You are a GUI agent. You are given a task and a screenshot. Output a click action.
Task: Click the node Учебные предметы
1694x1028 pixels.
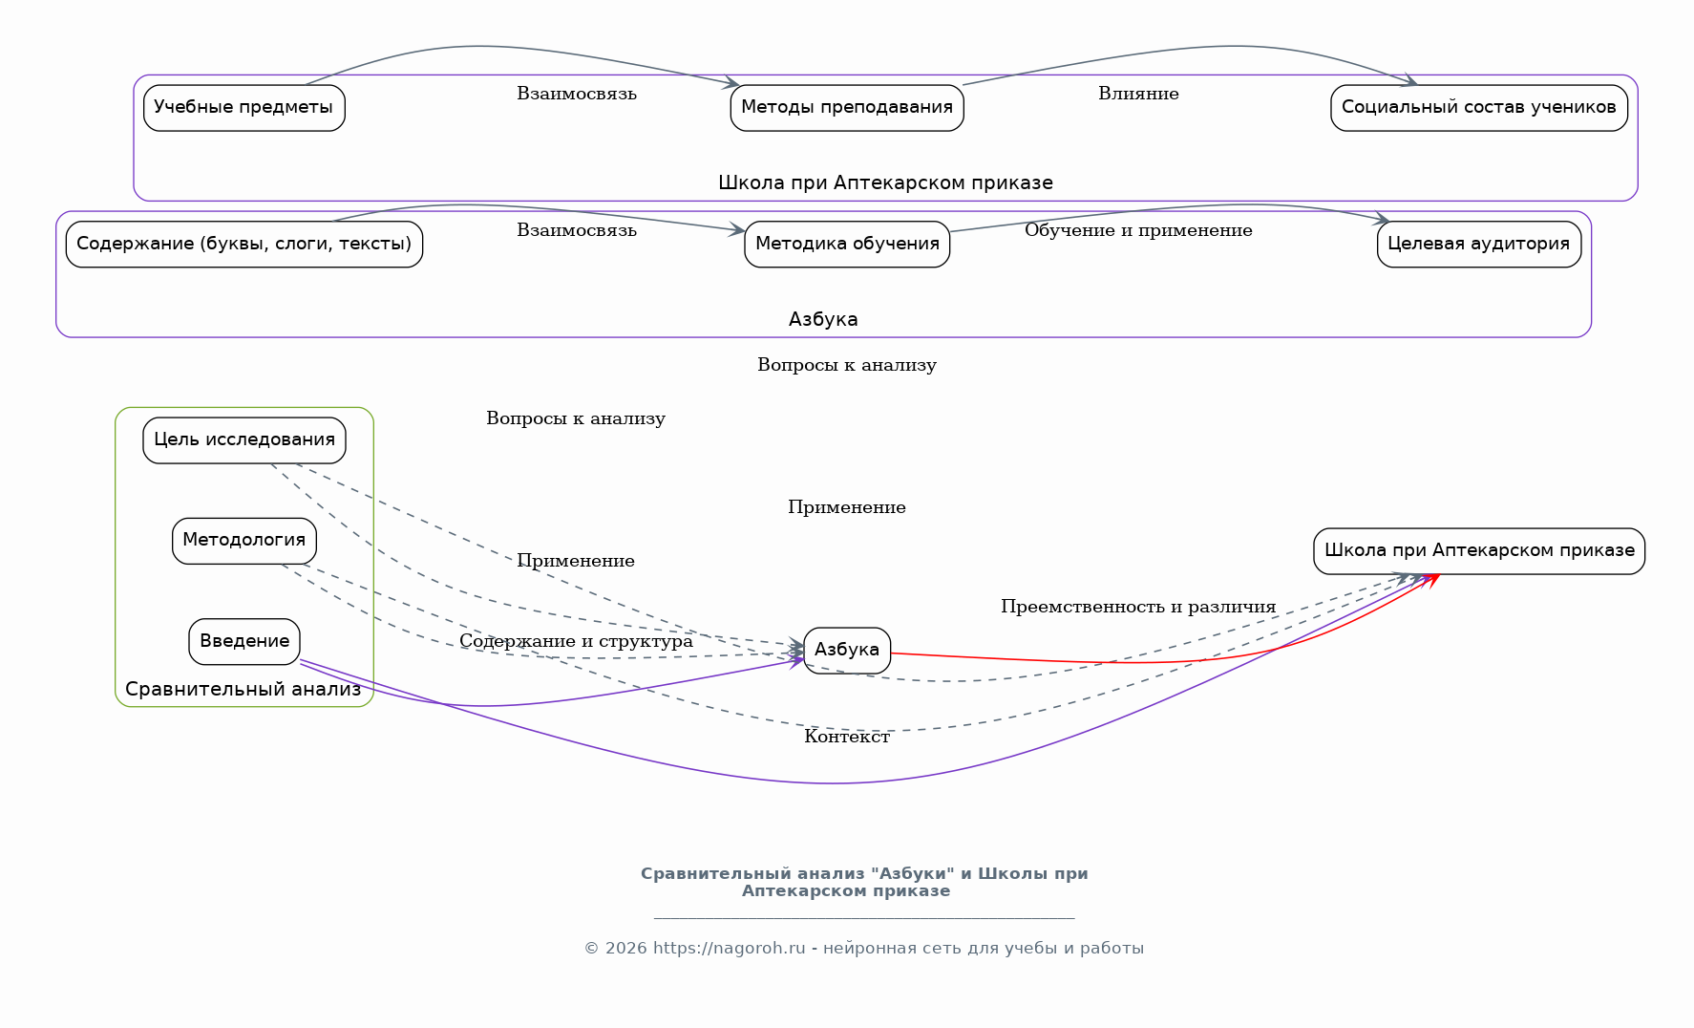[x=244, y=108]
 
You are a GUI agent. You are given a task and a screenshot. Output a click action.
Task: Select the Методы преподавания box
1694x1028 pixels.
[x=847, y=108]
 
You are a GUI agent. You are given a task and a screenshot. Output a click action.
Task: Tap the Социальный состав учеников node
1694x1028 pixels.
[x=1478, y=108]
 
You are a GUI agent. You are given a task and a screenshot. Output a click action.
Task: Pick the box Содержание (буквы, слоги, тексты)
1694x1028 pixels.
[x=244, y=245]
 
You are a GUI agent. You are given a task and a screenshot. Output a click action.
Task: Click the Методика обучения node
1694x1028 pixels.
[x=847, y=245]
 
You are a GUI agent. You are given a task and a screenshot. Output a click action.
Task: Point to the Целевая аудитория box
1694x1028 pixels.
[x=1478, y=245]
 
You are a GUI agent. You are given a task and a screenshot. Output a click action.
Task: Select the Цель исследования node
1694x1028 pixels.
[x=244, y=440]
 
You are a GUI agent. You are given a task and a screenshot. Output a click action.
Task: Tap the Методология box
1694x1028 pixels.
[x=244, y=541]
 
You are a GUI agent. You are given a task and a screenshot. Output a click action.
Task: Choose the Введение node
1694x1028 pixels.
[x=244, y=642]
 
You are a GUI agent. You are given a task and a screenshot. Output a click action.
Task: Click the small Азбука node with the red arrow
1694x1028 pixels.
[x=847, y=651]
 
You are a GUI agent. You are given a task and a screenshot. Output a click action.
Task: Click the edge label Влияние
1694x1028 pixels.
[x=1138, y=94]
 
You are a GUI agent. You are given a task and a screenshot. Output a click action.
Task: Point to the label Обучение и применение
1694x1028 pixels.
[x=1138, y=230]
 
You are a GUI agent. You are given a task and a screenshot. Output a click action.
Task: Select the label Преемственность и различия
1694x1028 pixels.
[x=1138, y=607]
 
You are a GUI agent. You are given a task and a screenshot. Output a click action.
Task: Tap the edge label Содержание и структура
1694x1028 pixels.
[x=576, y=641]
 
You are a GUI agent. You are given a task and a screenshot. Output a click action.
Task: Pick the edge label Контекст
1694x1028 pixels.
[x=847, y=737]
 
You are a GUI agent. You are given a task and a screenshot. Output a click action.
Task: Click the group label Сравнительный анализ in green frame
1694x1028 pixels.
[x=244, y=689]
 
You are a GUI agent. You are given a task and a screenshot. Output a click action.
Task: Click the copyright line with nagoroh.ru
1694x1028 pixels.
[x=863, y=949]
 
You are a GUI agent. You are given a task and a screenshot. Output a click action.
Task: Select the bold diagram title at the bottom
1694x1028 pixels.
[x=863, y=882]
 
